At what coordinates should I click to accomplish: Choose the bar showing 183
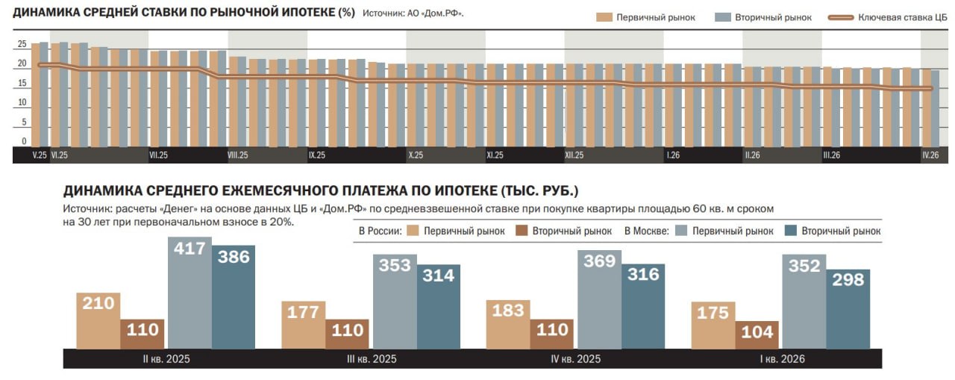coord(508,324)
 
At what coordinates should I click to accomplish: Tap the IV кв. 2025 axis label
coord(574,359)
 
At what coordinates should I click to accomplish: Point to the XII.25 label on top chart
coord(574,155)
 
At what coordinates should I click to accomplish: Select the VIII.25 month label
coord(238,155)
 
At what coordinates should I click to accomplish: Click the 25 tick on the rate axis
coord(22,45)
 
